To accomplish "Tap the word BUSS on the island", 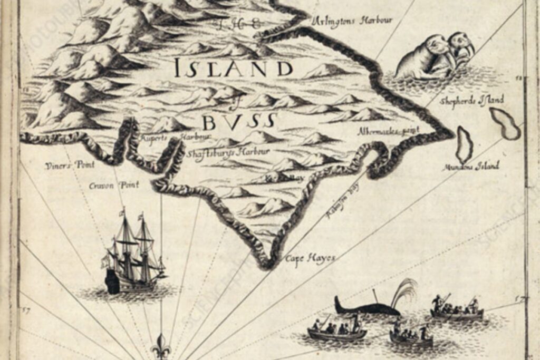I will click(239, 122).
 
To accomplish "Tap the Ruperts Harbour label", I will click(175, 137).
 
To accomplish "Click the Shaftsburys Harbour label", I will click(228, 152).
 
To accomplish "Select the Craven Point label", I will click(114, 185).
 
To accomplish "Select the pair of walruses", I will click(435, 55).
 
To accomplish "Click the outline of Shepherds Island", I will click(505, 123).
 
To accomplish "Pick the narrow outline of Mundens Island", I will click(464, 144).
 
